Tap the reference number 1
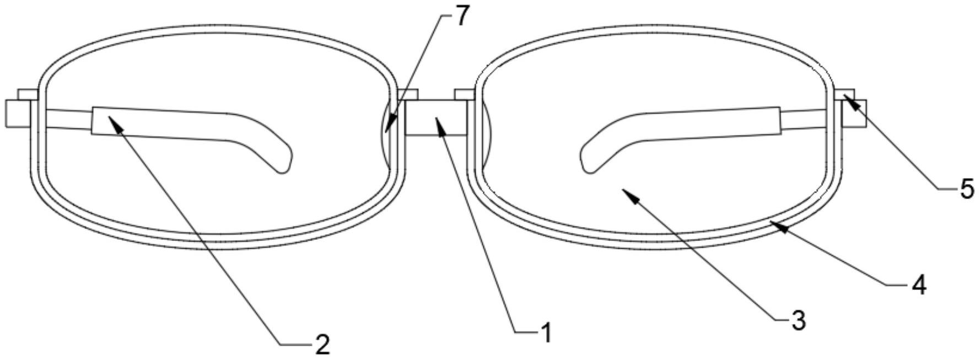546,334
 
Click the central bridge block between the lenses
436,117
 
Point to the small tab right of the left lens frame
407,95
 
